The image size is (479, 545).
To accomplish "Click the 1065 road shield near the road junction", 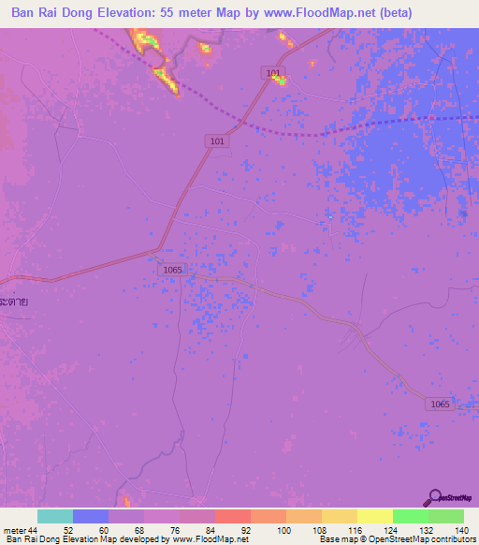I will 171,269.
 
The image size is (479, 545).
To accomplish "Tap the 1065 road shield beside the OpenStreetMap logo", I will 440,404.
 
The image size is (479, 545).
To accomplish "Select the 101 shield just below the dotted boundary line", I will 216,140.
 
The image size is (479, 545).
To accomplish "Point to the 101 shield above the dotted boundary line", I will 272,72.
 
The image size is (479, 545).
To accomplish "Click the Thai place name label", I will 14,302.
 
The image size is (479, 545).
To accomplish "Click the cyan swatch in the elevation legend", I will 55,516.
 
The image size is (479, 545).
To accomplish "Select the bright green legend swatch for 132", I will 411,516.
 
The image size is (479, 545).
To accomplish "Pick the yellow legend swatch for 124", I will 374,516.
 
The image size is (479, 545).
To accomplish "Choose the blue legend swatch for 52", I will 91,516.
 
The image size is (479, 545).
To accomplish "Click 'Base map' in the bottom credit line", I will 336,539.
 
